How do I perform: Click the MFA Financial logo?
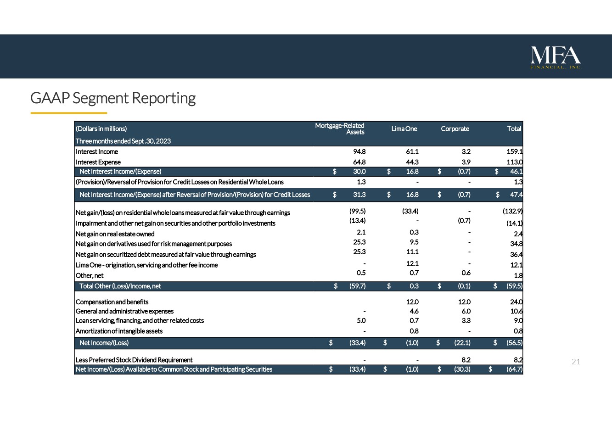point(556,57)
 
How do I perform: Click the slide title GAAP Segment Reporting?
point(113,98)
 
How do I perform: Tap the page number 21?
point(576,362)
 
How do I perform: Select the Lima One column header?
point(404,129)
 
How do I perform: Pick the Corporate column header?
point(455,129)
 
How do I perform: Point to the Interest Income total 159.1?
point(514,151)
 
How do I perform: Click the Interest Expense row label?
point(98,162)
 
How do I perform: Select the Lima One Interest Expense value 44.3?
point(412,162)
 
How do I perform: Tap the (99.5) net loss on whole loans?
point(357,211)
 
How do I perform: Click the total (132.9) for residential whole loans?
point(513,211)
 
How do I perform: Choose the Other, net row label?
point(90,276)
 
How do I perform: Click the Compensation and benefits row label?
point(112,302)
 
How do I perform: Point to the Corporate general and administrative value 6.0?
point(464,311)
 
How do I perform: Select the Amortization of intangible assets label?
point(119,331)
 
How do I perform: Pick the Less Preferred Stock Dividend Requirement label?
point(134,360)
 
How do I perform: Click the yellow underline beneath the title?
point(68,112)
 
